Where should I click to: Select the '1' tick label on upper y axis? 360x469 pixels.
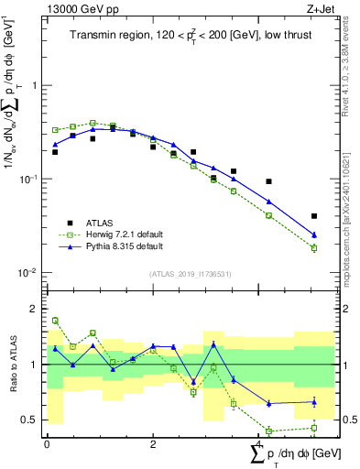[x=34, y=85]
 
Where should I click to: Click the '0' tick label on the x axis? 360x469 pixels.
[x=47, y=444]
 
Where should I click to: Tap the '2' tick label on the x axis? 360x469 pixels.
[x=153, y=444]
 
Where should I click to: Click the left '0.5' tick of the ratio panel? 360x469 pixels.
[x=29, y=420]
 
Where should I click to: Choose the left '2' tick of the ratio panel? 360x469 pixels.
[x=34, y=309]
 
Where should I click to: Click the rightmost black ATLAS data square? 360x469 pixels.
[x=314, y=216]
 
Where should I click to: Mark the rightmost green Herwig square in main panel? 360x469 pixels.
[x=314, y=248]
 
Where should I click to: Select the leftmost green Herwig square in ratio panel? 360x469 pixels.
[x=55, y=321]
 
